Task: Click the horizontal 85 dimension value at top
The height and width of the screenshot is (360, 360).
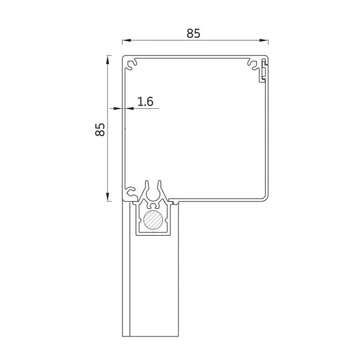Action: [x=193, y=33]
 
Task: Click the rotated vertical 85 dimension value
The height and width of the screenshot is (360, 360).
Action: [x=100, y=130]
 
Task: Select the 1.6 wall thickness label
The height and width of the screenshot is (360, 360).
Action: [x=145, y=101]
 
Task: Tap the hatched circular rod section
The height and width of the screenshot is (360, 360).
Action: [x=153, y=220]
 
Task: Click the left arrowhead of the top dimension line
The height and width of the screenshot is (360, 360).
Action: [x=127, y=40]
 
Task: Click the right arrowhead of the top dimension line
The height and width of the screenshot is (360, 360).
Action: [x=264, y=40]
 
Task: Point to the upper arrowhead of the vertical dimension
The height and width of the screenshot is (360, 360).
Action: [x=107, y=60]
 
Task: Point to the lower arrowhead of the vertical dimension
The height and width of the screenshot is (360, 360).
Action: [x=107, y=197]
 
